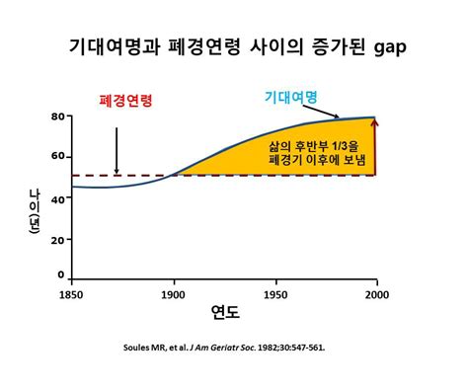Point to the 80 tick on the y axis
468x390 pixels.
pos(57,117)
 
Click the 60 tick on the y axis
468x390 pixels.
pos(57,157)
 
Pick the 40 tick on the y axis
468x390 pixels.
pos(57,196)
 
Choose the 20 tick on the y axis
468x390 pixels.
pos(57,237)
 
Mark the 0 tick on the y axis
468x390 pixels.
pos(60,275)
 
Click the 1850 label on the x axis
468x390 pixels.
pos(73,294)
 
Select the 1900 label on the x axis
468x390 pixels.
pos(175,294)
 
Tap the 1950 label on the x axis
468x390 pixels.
pos(275,294)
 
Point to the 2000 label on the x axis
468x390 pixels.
pos(376,294)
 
